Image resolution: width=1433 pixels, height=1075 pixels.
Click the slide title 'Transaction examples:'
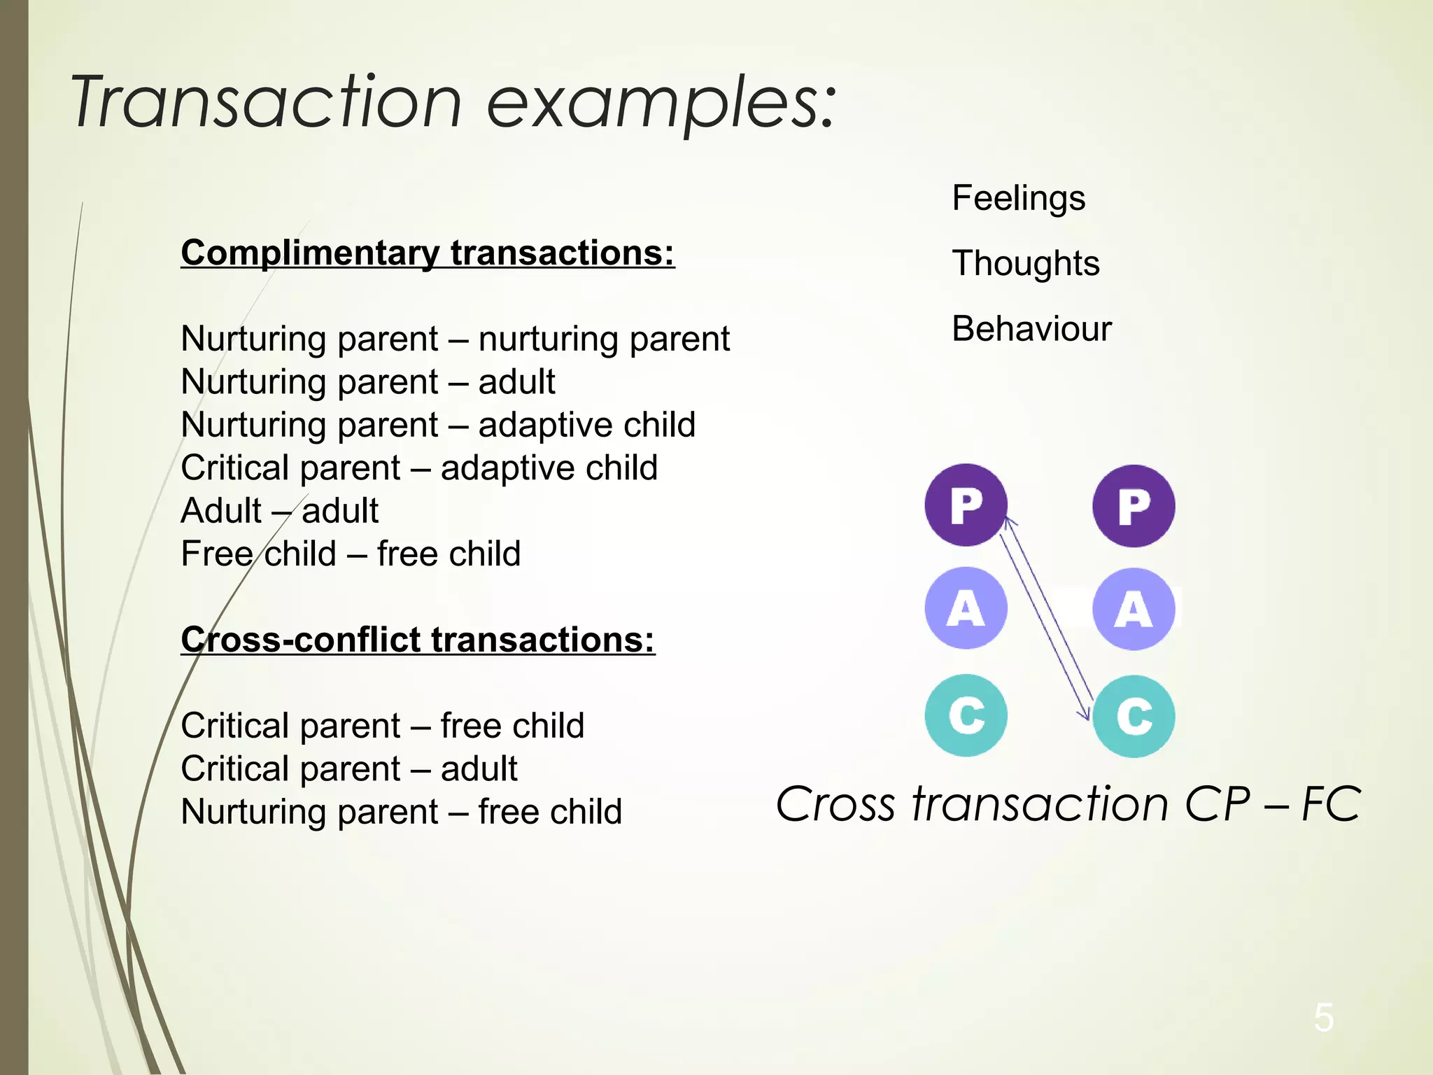point(453,104)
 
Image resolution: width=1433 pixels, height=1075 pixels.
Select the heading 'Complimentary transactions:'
point(428,253)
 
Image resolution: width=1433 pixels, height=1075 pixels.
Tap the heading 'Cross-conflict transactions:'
point(418,640)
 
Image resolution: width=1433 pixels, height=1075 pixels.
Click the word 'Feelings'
point(1018,198)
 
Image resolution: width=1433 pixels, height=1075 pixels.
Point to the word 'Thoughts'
point(1025,264)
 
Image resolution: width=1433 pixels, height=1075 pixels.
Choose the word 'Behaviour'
point(1031,329)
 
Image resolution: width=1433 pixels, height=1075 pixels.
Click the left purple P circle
point(966,505)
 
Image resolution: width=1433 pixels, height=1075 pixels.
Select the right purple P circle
point(1134,506)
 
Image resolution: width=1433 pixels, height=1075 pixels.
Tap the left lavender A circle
point(966,608)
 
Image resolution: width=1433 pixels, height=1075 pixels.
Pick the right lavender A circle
point(1134,609)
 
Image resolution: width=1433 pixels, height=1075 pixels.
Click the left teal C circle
point(966,715)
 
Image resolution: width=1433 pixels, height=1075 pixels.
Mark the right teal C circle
point(1134,716)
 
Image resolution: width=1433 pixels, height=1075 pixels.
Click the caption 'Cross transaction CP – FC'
point(1068,803)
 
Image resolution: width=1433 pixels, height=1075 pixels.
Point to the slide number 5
point(1323,1018)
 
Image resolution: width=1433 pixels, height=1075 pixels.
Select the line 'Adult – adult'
point(279,511)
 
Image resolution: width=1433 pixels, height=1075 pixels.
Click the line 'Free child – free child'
point(351,554)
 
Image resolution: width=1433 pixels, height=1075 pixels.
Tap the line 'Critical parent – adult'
point(348,768)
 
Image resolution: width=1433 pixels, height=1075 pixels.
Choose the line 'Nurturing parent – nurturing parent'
point(455,339)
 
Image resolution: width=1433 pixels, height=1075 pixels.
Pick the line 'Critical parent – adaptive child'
point(418,468)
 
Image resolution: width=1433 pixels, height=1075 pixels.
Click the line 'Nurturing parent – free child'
point(401,812)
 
